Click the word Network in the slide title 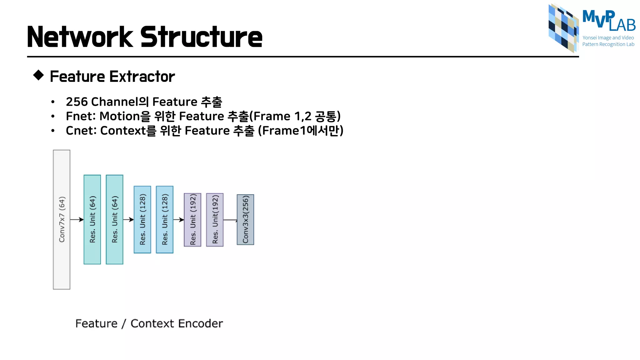[80, 37]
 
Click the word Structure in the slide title [201, 37]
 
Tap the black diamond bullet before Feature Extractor [38, 75]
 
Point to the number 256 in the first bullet [77, 102]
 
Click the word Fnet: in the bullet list [81, 116]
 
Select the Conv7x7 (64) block [62, 219]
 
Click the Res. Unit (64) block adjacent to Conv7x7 [92, 219]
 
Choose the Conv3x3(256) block [245, 219]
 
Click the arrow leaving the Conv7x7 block [77, 220]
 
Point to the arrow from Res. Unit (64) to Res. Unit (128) [128, 220]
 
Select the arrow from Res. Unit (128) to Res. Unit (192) [178, 220]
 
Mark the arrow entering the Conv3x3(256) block [230, 220]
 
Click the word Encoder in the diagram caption [201, 323]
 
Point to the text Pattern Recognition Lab [608, 44]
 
